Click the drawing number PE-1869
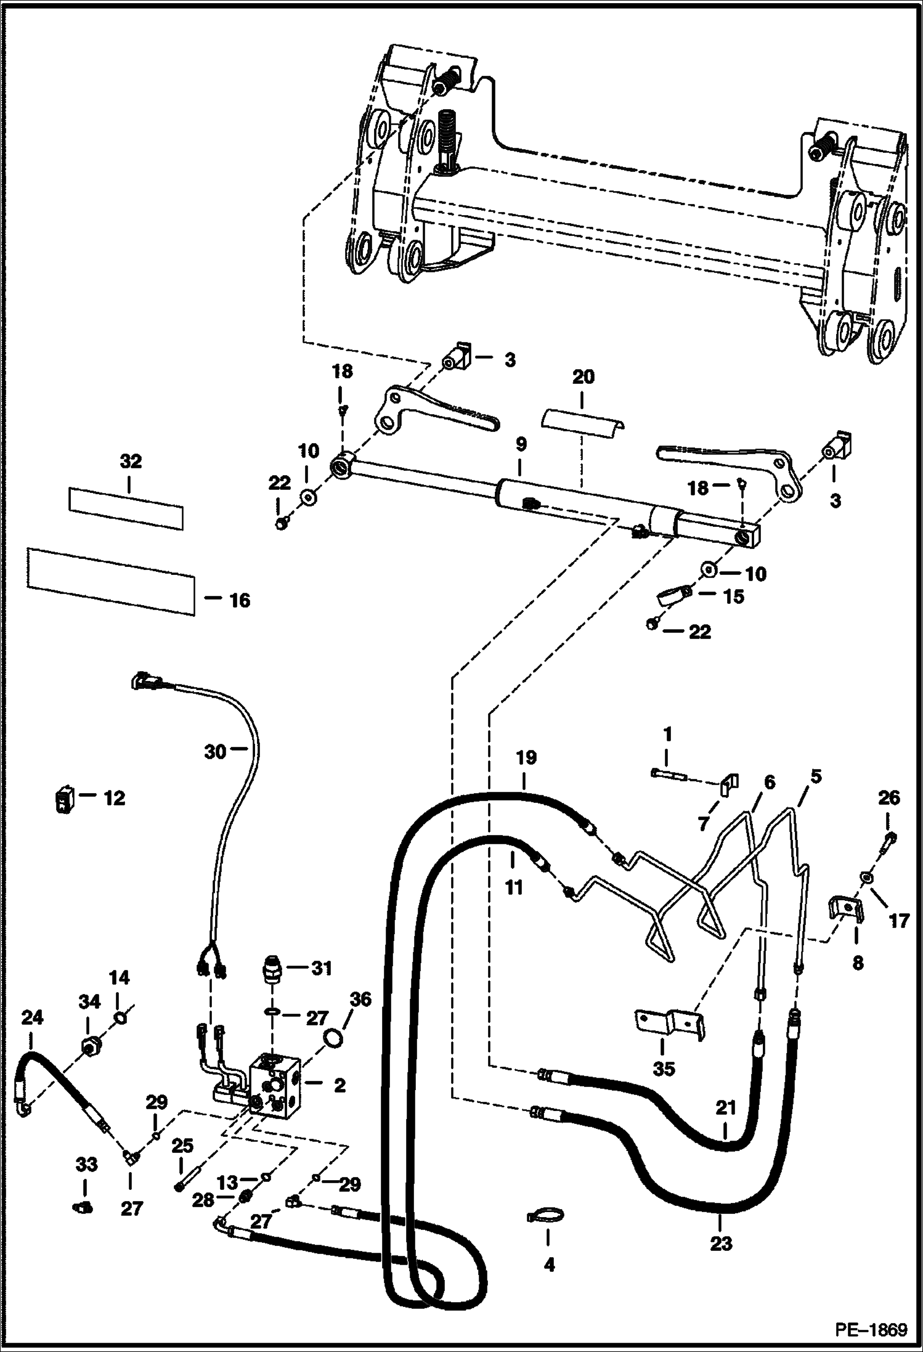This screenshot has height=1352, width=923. (x=871, y=1330)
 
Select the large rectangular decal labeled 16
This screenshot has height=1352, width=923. (x=111, y=581)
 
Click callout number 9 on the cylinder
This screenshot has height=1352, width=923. (x=520, y=444)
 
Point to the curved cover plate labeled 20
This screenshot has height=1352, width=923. (x=582, y=424)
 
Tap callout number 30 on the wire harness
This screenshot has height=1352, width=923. (x=216, y=752)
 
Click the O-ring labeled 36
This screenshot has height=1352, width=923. (x=333, y=1038)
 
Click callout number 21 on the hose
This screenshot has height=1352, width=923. (x=726, y=1108)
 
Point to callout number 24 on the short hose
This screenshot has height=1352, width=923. (x=32, y=1017)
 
